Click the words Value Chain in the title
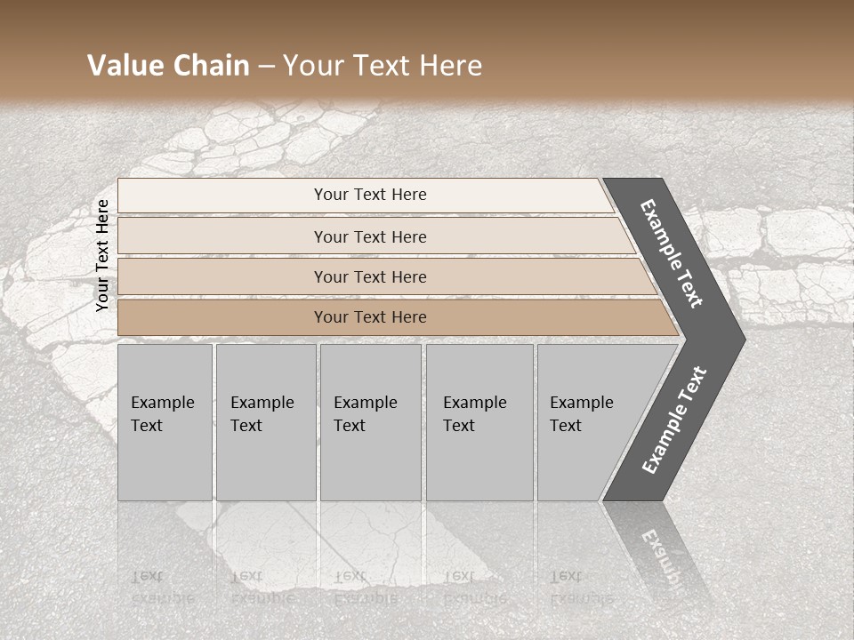coord(168,66)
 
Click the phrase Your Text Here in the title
coord(383,66)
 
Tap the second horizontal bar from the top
coord(369,236)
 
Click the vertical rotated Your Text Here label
coord(102,255)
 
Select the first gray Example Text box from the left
coord(165,422)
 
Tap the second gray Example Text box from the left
coord(265,422)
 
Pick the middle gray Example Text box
coord(370,422)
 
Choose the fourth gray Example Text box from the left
coord(479,422)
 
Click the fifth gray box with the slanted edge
coord(587,422)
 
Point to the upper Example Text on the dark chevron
coord(672,253)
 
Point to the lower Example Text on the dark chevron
coord(673,420)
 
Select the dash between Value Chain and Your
coord(266,67)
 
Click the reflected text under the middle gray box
coord(365,587)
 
